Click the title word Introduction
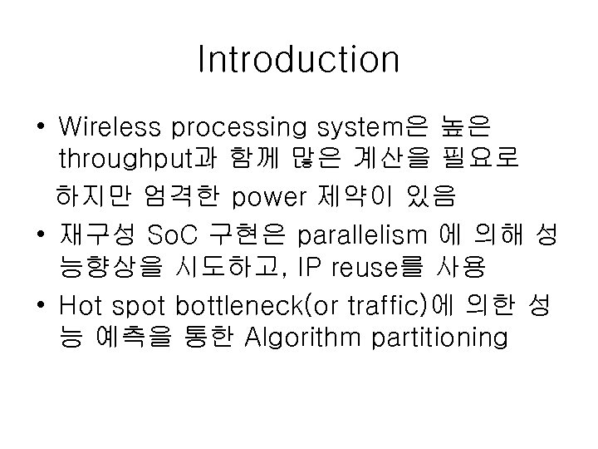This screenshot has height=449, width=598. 299,60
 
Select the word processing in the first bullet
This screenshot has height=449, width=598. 239,129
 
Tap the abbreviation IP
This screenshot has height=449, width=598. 316,268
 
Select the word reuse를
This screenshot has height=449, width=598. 379,268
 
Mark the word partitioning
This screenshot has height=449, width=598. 449,339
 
